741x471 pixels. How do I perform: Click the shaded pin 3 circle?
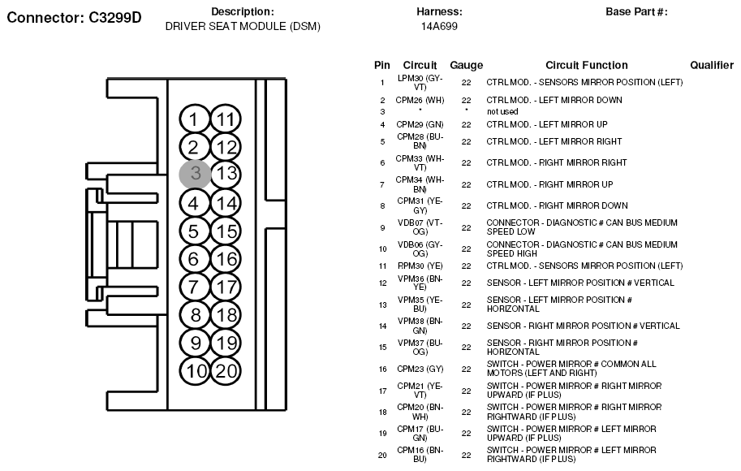(195, 173)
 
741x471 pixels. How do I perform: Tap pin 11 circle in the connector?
(226, 119)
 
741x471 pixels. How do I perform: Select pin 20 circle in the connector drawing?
(226, 371)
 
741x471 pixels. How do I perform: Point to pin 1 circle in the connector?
(194, 119)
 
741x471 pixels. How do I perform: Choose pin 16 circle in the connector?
(226, 259)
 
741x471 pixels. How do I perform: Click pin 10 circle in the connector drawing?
(195, 371)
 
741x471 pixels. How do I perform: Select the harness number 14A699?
(439, 26)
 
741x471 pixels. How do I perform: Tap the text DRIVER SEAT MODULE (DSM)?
(243, 26)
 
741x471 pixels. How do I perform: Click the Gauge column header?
(466, 65)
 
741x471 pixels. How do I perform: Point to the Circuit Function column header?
(586, 65)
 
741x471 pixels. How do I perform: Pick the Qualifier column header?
(712, 65)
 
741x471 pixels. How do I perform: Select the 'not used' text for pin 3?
(502, 111)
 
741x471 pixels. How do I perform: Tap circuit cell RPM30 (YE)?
(419, 266)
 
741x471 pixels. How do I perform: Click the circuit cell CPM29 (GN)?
(420, 124)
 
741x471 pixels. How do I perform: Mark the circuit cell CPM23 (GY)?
(419, 369)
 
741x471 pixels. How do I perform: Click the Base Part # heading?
(636, 11)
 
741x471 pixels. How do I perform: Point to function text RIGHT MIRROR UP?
(549, 184)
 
